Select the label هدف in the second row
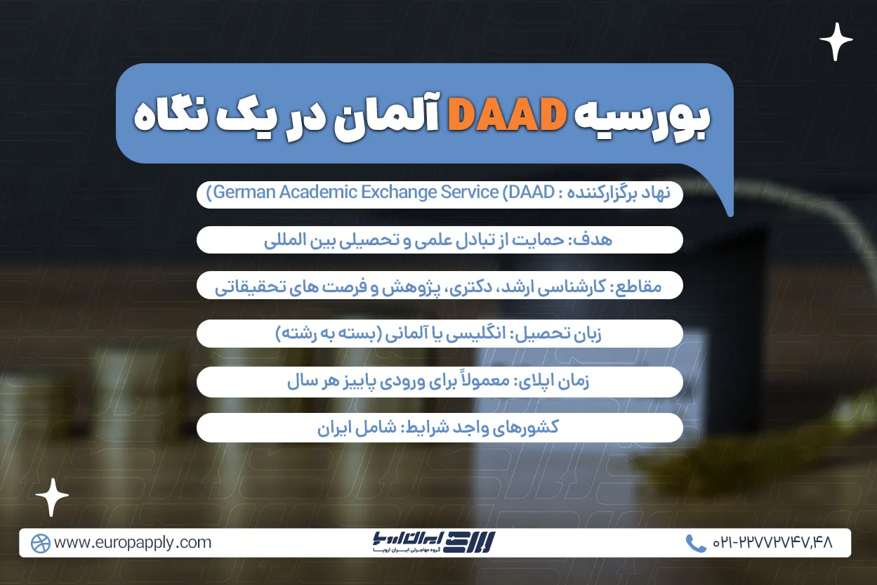(x=597, y=239)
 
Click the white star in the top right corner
(x=836, y=42)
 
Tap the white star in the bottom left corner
(x=52, y=497)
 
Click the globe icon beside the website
(x=41, y=543)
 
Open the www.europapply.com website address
(x=132, y=543)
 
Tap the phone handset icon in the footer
(x=695, y=543)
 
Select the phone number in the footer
(x=772, y=543)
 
